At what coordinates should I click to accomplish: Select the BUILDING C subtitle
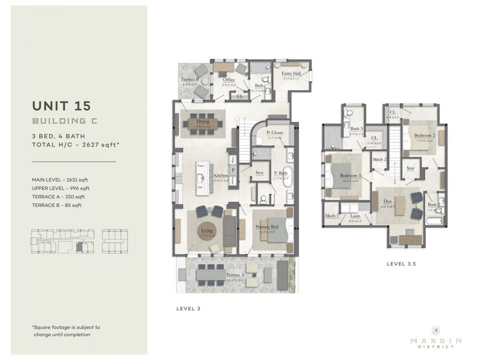tap(64, 121)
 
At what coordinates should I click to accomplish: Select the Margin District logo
tap(436, 337)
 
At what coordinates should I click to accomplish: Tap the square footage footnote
tap(66, 331)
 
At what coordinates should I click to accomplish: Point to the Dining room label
tap(203, 122)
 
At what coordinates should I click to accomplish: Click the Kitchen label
tap(221, 175)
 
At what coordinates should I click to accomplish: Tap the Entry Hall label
tap(291, 73)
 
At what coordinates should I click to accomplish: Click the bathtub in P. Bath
tap(287, 177)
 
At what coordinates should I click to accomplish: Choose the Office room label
tap(229, 80)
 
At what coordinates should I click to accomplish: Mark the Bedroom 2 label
tap(425, 135)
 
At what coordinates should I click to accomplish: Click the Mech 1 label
tap(331, 215)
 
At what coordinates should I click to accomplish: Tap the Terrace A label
tap(235, 275)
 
